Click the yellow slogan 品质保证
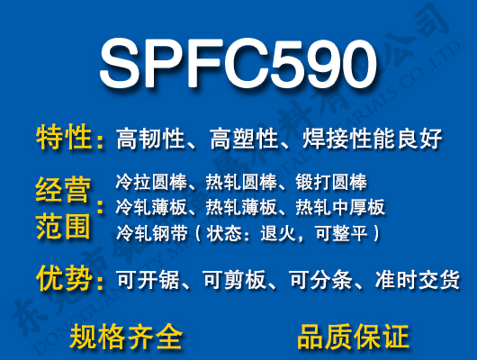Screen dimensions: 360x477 tap(352, 337)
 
